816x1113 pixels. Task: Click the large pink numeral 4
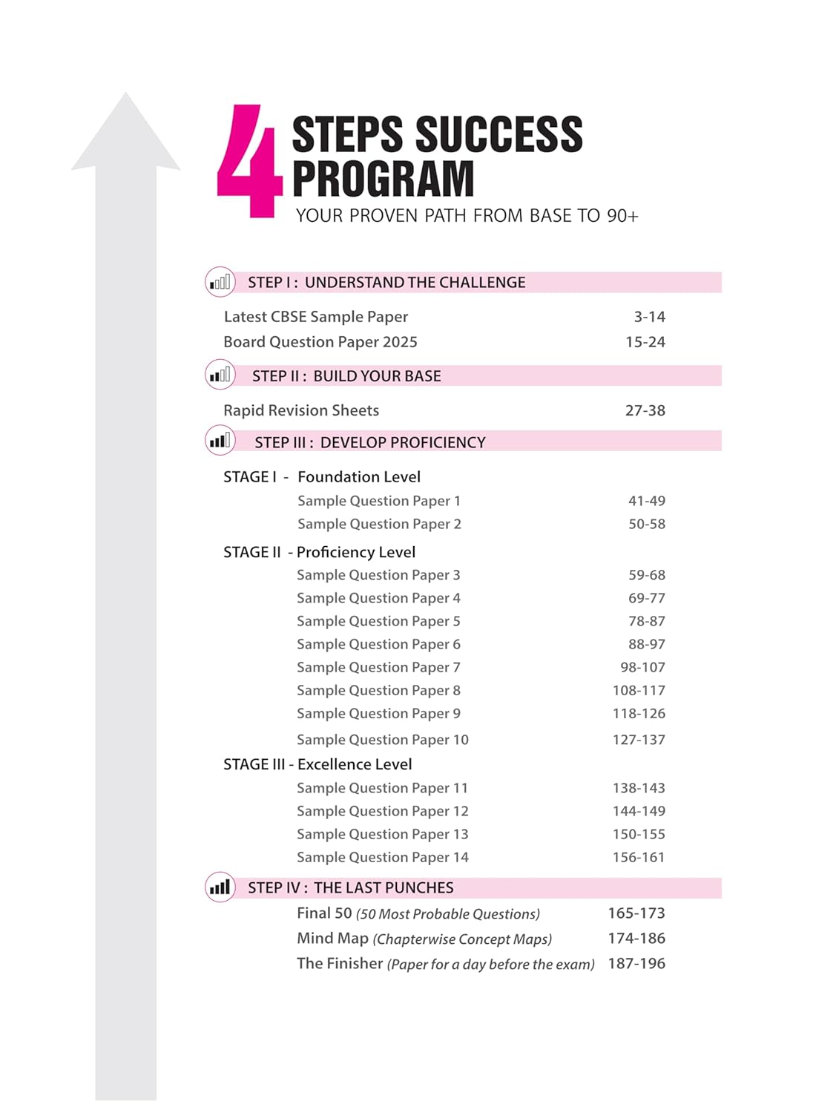(x=249, y=162)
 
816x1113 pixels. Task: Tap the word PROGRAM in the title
(x=383, y=179)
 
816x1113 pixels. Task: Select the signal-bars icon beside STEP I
(x=220, y=282)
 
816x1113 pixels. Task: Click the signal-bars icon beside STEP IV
(x=220, y=887)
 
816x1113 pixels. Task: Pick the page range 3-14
(x=649, y=317)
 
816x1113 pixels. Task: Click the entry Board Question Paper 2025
(x=320, y=342)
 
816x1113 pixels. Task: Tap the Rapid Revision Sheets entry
(x=301, y=410)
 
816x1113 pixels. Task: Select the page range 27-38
(x=645, y=410)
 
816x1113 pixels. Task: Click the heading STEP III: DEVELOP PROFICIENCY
(x=370, y=442)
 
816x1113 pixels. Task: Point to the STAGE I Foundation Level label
(x=322, y=477)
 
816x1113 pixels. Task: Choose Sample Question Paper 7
(x=378, y=667)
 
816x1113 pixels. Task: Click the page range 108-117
(x=639, y=690)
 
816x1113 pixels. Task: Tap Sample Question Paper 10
(x=383, y=740)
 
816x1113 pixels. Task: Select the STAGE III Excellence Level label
(x=317, y=764)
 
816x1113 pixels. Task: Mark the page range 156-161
(x=639, y=857)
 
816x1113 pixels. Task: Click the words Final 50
(x=324, y=913)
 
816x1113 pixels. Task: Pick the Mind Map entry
(x=332, y=939)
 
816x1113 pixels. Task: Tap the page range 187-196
(x=636, y=964)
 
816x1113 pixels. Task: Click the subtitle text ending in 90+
(x=467, y=216)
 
